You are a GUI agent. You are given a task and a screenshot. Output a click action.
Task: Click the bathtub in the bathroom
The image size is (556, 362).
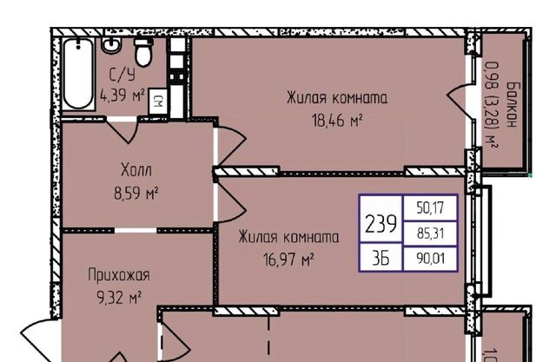[x=79, y=74]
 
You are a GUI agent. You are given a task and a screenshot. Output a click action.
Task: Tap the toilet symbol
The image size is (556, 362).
[x=143, y=52]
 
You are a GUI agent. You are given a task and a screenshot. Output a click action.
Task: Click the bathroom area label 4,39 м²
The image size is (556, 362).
[x=122, y=95]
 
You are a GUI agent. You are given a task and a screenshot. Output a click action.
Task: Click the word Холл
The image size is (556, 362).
[x=136, y=170]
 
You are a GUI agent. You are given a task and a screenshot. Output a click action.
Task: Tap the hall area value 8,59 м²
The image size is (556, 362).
[x=136, y=194]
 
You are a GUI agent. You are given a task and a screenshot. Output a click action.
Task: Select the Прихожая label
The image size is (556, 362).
[x=119, y=275]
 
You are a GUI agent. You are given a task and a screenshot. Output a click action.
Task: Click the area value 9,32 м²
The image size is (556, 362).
[x=120, y=299]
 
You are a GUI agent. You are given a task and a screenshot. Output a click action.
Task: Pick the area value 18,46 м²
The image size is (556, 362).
[x=337, y=121]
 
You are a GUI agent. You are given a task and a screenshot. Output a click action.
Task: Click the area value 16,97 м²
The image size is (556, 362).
[x=288, y=260]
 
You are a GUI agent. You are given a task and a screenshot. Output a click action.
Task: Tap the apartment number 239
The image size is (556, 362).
[x=381, y=224]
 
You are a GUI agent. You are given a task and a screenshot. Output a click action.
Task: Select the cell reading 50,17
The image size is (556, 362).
[x=430, y=207]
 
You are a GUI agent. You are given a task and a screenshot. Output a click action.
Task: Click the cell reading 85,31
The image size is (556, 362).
[x=431, y=234]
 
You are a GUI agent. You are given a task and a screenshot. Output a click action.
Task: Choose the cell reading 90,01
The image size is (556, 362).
[x=431, y=259]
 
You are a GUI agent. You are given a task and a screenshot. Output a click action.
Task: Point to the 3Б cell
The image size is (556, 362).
[x=381, y=258]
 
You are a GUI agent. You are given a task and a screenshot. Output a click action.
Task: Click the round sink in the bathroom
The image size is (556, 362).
[x=111, y=45]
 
